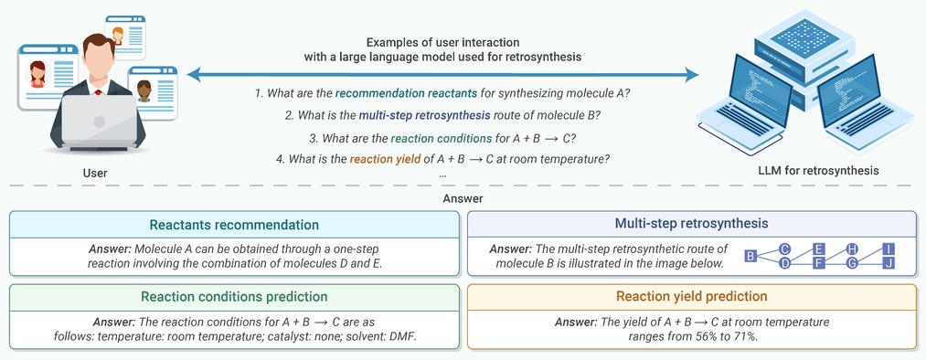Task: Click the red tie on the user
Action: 98,92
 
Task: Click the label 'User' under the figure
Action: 95,174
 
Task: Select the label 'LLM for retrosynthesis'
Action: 818,171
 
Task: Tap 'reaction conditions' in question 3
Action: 441,139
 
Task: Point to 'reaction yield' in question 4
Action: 385,159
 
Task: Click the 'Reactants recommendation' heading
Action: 234,225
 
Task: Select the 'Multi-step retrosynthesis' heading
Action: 691,223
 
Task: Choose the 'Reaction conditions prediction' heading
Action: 234,297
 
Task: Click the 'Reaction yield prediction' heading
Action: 692,296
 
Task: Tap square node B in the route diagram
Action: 750,256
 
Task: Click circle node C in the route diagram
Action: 784,249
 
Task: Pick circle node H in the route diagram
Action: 852,249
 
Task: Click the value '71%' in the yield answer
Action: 746,336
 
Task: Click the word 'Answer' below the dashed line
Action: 463,199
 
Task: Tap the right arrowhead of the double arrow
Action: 692,75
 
